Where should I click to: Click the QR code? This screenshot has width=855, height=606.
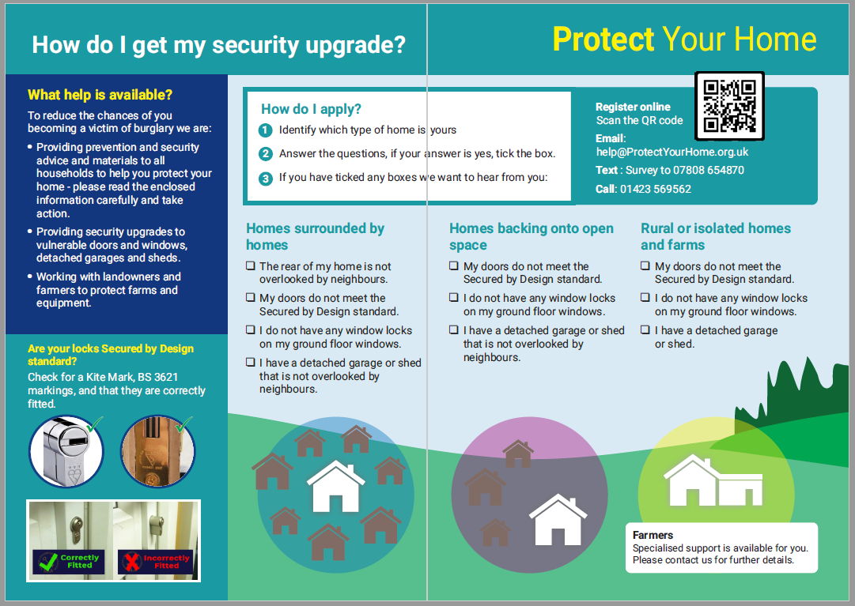[729, 106]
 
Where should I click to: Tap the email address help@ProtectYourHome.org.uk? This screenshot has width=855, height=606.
[672, 152]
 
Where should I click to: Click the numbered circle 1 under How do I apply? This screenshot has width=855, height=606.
[266, 130]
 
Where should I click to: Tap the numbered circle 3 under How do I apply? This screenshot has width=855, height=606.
[266, 178]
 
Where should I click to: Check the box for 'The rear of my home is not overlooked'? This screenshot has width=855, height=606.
[251, 267]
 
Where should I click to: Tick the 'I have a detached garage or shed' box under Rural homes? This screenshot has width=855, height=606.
[645, 331]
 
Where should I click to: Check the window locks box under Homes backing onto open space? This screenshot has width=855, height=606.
[454, 299]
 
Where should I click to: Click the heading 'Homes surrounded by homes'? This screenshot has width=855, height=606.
[315, 236]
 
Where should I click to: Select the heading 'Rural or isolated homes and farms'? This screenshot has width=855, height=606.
[715, 236]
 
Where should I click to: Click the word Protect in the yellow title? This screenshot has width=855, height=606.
[603, 39]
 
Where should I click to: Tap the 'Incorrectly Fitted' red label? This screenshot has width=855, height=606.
[156, 562]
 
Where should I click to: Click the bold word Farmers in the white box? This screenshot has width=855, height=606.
[653, 535]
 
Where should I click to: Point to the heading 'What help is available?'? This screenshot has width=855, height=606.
[100, 96]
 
